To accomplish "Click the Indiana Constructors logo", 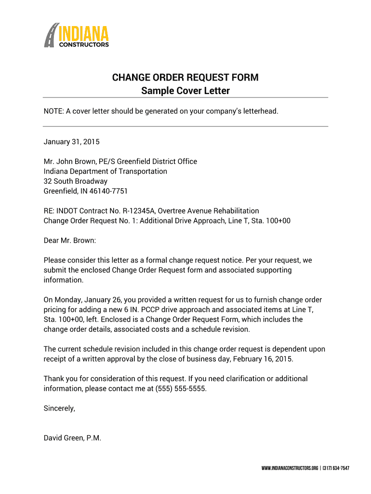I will coord(77,35).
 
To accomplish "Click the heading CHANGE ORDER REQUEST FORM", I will coord(185,78).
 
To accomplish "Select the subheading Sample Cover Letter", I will coord(185,91).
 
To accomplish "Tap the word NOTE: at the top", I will coord(53,111).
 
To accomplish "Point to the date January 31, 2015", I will coord(71,142).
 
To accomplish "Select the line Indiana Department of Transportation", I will coord(106,171).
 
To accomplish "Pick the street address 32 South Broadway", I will coord(76,181).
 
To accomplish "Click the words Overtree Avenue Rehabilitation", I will coord(209,211).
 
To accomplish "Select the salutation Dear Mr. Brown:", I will coord(70,240).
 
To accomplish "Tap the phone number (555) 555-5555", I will coord(181,388).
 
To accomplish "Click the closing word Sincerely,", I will coord(59,408).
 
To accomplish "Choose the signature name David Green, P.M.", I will coord(72,438).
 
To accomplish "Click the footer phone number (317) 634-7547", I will coord(336,468).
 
